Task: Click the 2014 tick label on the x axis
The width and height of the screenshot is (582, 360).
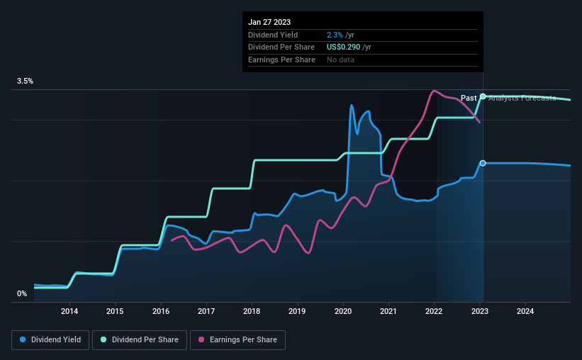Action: click(69, 311)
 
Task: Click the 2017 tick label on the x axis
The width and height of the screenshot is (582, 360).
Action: click(206, 311)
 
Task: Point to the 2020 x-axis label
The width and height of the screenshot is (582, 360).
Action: click(343, 311)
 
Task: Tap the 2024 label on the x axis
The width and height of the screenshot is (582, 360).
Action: click(525, 311)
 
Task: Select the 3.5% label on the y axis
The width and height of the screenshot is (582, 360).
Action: click(26, 81)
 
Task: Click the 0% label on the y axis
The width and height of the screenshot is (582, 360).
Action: click(22, 293)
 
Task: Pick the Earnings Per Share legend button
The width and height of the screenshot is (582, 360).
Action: click(237, 340)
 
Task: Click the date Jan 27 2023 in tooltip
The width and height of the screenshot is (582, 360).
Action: click(269, 22)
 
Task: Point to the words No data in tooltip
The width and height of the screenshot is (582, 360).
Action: click(340, 60)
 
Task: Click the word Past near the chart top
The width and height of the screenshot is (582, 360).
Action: click(469, 98)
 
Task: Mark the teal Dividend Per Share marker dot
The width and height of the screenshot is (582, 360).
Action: click(483, 96)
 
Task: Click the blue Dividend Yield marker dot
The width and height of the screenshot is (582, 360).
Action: click(483, 163)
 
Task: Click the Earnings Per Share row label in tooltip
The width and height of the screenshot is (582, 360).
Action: click(281, 60)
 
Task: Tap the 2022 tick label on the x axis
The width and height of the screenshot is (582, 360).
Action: click(435, 311)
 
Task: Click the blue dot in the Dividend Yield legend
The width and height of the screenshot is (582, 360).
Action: click(23, 340)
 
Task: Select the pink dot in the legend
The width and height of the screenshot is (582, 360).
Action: click(201, 340)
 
